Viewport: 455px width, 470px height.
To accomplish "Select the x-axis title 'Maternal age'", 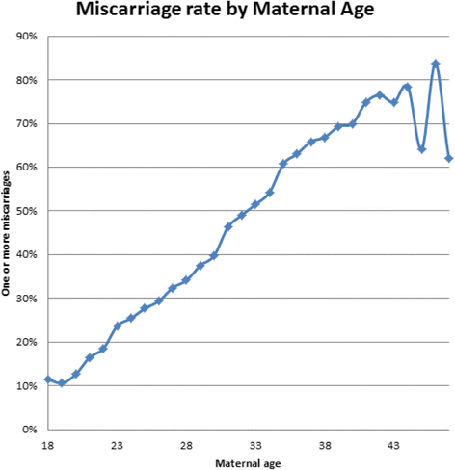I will pos(248,464).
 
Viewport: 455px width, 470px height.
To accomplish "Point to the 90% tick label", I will pos(26,37).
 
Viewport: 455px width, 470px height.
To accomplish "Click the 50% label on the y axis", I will pos(26,211).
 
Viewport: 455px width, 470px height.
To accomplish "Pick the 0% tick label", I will pos(29,430).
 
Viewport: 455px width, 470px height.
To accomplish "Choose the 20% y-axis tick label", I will pos(26,342).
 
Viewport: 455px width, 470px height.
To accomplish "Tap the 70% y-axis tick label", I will pos(26,124).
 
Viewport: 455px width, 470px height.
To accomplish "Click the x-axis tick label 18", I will pos(47,446).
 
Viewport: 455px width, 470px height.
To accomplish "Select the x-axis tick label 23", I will pos(117,446).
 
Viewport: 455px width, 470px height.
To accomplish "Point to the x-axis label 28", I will pos(186,446).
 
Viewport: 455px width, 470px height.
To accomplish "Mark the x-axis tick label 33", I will pos(255,446).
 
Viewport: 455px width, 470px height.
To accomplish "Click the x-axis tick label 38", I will pos(325,446).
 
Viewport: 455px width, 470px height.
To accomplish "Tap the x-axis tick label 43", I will pos(394,446).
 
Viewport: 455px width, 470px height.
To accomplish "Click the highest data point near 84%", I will pos(436,64).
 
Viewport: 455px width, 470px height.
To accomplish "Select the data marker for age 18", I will pos(47,379).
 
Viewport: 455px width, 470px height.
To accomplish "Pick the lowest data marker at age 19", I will pos(62,383).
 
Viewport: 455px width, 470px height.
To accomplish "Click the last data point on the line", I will pos(449,158).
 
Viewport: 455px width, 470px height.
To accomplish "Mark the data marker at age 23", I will pos(117,326).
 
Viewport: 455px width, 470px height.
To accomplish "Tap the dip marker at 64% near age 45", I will pos(421,149).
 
